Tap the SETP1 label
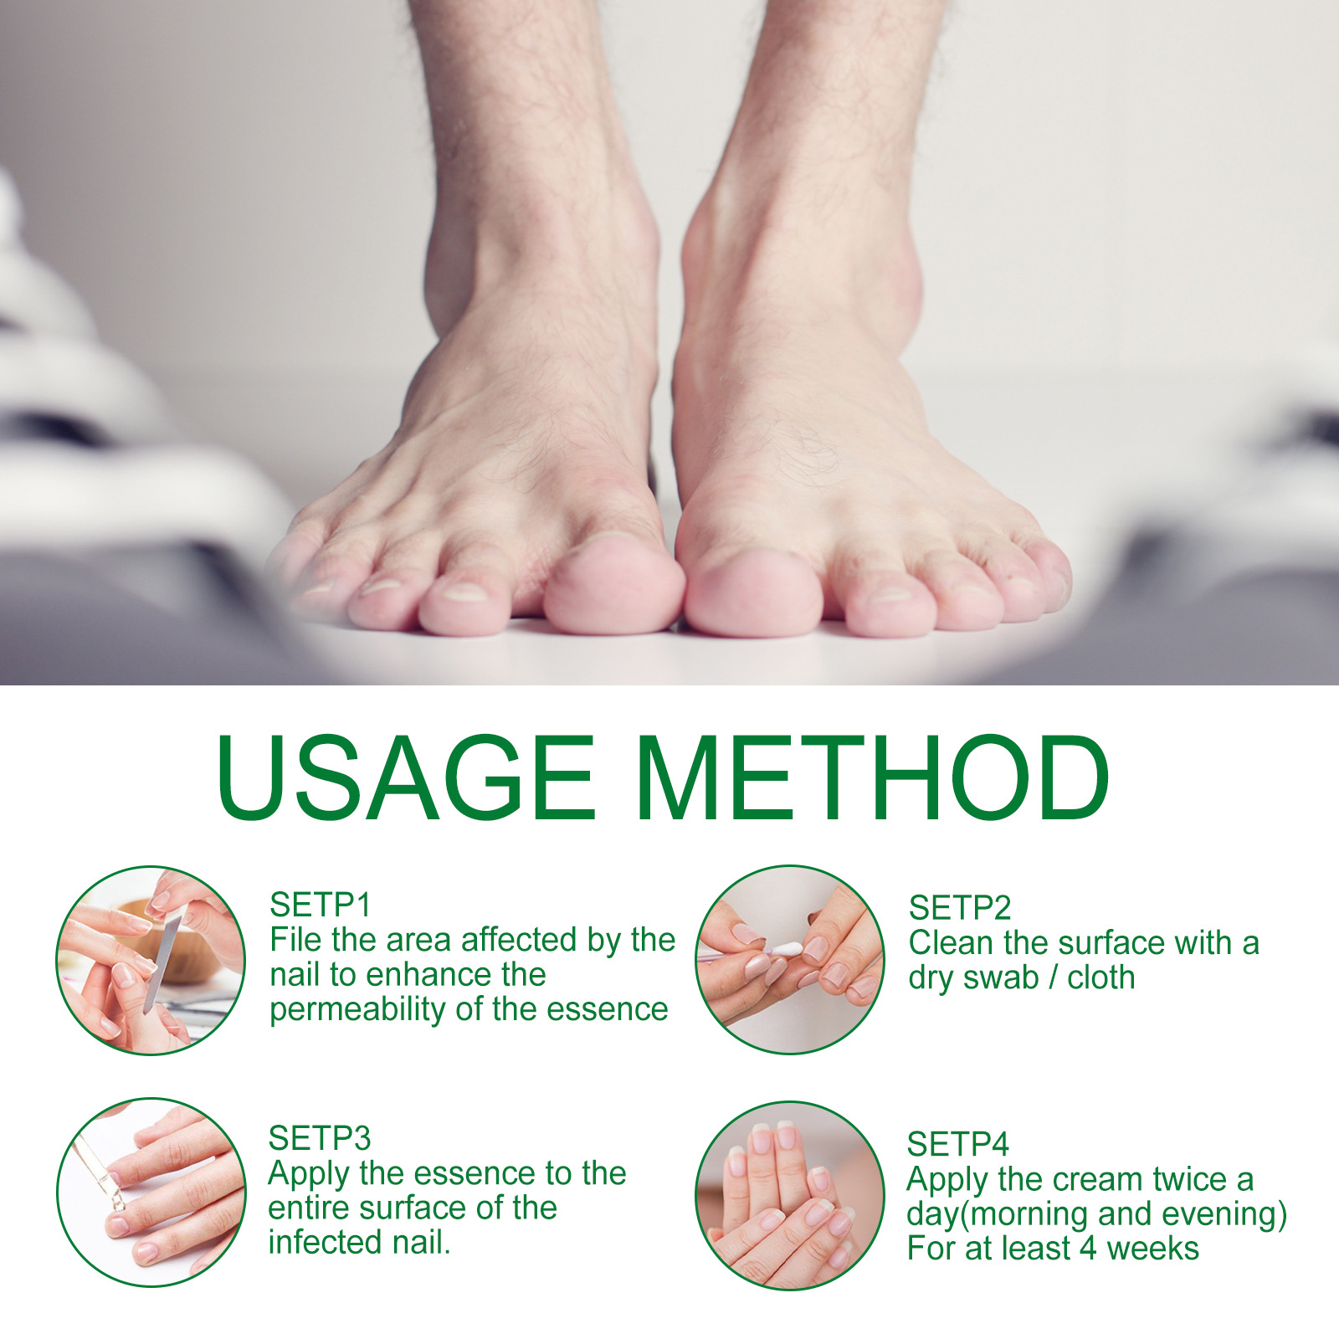[320, 905]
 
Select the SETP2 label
[960, 908]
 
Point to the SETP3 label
[319, 1138]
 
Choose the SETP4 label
[957, 1144]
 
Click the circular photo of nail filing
[151, 960]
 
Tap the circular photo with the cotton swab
[790, 960]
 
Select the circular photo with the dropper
[151, 1193]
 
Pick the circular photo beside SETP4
[790, 1195]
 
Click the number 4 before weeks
[1088, 1249]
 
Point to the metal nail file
[164, 962]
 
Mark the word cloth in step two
[1101, 977]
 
